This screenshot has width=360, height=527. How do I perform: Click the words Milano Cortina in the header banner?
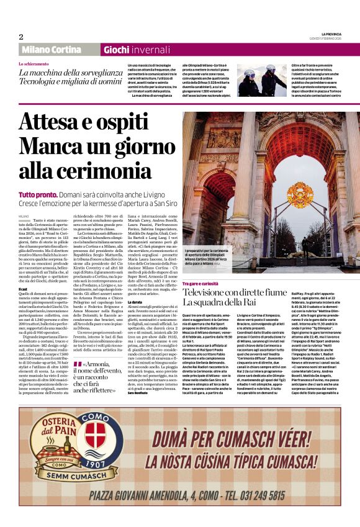tap(50, 50)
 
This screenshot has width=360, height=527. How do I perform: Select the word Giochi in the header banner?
tap(117, 50)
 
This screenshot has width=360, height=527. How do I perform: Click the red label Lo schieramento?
tap(34, 64)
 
